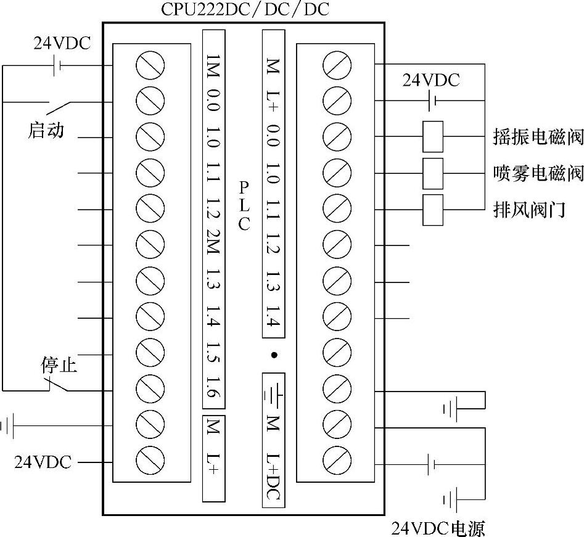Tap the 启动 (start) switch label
pos(46,130)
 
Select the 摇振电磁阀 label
pos(538,137)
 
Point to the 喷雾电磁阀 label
pos(538,173)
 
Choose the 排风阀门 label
pos(529,210)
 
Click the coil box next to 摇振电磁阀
pos(433,136)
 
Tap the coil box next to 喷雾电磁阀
pos(433,173)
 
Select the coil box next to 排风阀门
pos(433,210)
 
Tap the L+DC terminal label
pos(273,475)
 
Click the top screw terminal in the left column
pos(150,65)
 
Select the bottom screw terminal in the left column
pos(150,460)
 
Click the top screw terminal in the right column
pos(337,64)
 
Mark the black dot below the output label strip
pos(274,355)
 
